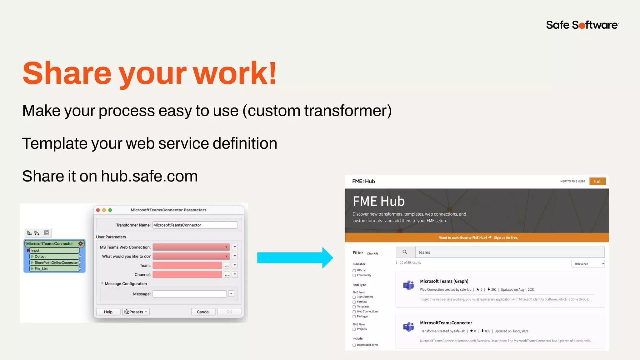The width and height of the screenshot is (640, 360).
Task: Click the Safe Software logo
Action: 582,25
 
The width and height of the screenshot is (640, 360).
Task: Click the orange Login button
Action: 597,181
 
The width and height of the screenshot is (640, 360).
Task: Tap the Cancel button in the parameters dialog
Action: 203,312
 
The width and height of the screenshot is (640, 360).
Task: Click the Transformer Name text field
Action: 195,225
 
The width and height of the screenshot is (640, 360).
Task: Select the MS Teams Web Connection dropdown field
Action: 191,247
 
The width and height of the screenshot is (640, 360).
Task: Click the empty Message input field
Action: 189,294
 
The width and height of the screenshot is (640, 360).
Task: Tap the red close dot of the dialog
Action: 98,210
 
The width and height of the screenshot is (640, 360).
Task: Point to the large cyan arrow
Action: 295,258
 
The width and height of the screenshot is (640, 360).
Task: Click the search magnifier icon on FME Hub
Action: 405,252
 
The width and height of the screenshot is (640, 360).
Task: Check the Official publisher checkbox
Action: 354,271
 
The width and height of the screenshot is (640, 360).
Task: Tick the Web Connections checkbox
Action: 354,312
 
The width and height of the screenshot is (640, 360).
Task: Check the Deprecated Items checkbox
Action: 354,345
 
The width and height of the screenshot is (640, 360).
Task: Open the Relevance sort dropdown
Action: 587,264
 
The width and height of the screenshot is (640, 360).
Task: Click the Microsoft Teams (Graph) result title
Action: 444,281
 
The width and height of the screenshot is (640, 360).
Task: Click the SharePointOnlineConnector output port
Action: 56,263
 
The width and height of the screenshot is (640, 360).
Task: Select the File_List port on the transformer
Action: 41,269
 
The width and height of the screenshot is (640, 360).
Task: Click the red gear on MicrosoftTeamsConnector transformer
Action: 81,244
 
